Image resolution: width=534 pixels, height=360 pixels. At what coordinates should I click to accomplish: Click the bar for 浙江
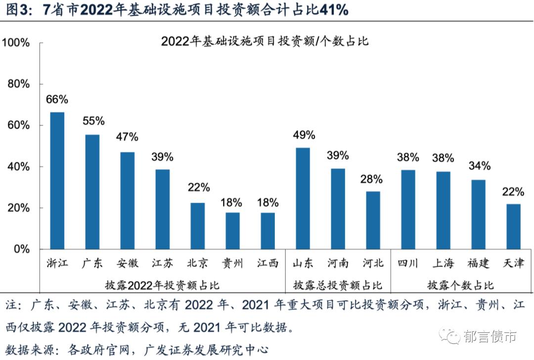(57, 180)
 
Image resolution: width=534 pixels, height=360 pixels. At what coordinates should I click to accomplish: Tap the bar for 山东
(303, 198)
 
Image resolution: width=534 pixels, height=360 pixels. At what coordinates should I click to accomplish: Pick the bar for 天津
(513, 226)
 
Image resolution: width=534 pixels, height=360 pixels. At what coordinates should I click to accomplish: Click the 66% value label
(57, 99)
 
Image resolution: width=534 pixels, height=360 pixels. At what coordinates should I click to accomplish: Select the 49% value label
(304, 135)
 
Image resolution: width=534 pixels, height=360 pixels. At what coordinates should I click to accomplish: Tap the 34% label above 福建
(479, 165)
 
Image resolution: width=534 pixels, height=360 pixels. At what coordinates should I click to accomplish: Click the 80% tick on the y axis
(19, 84)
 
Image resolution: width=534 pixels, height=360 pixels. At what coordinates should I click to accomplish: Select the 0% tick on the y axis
(22, 249)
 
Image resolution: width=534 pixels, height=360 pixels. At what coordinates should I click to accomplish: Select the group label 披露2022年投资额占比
(162, 285)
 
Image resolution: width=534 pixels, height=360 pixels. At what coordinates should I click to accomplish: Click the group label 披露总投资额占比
(337, 285)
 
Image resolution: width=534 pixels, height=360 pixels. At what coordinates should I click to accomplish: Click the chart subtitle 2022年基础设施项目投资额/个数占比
(265, 42)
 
